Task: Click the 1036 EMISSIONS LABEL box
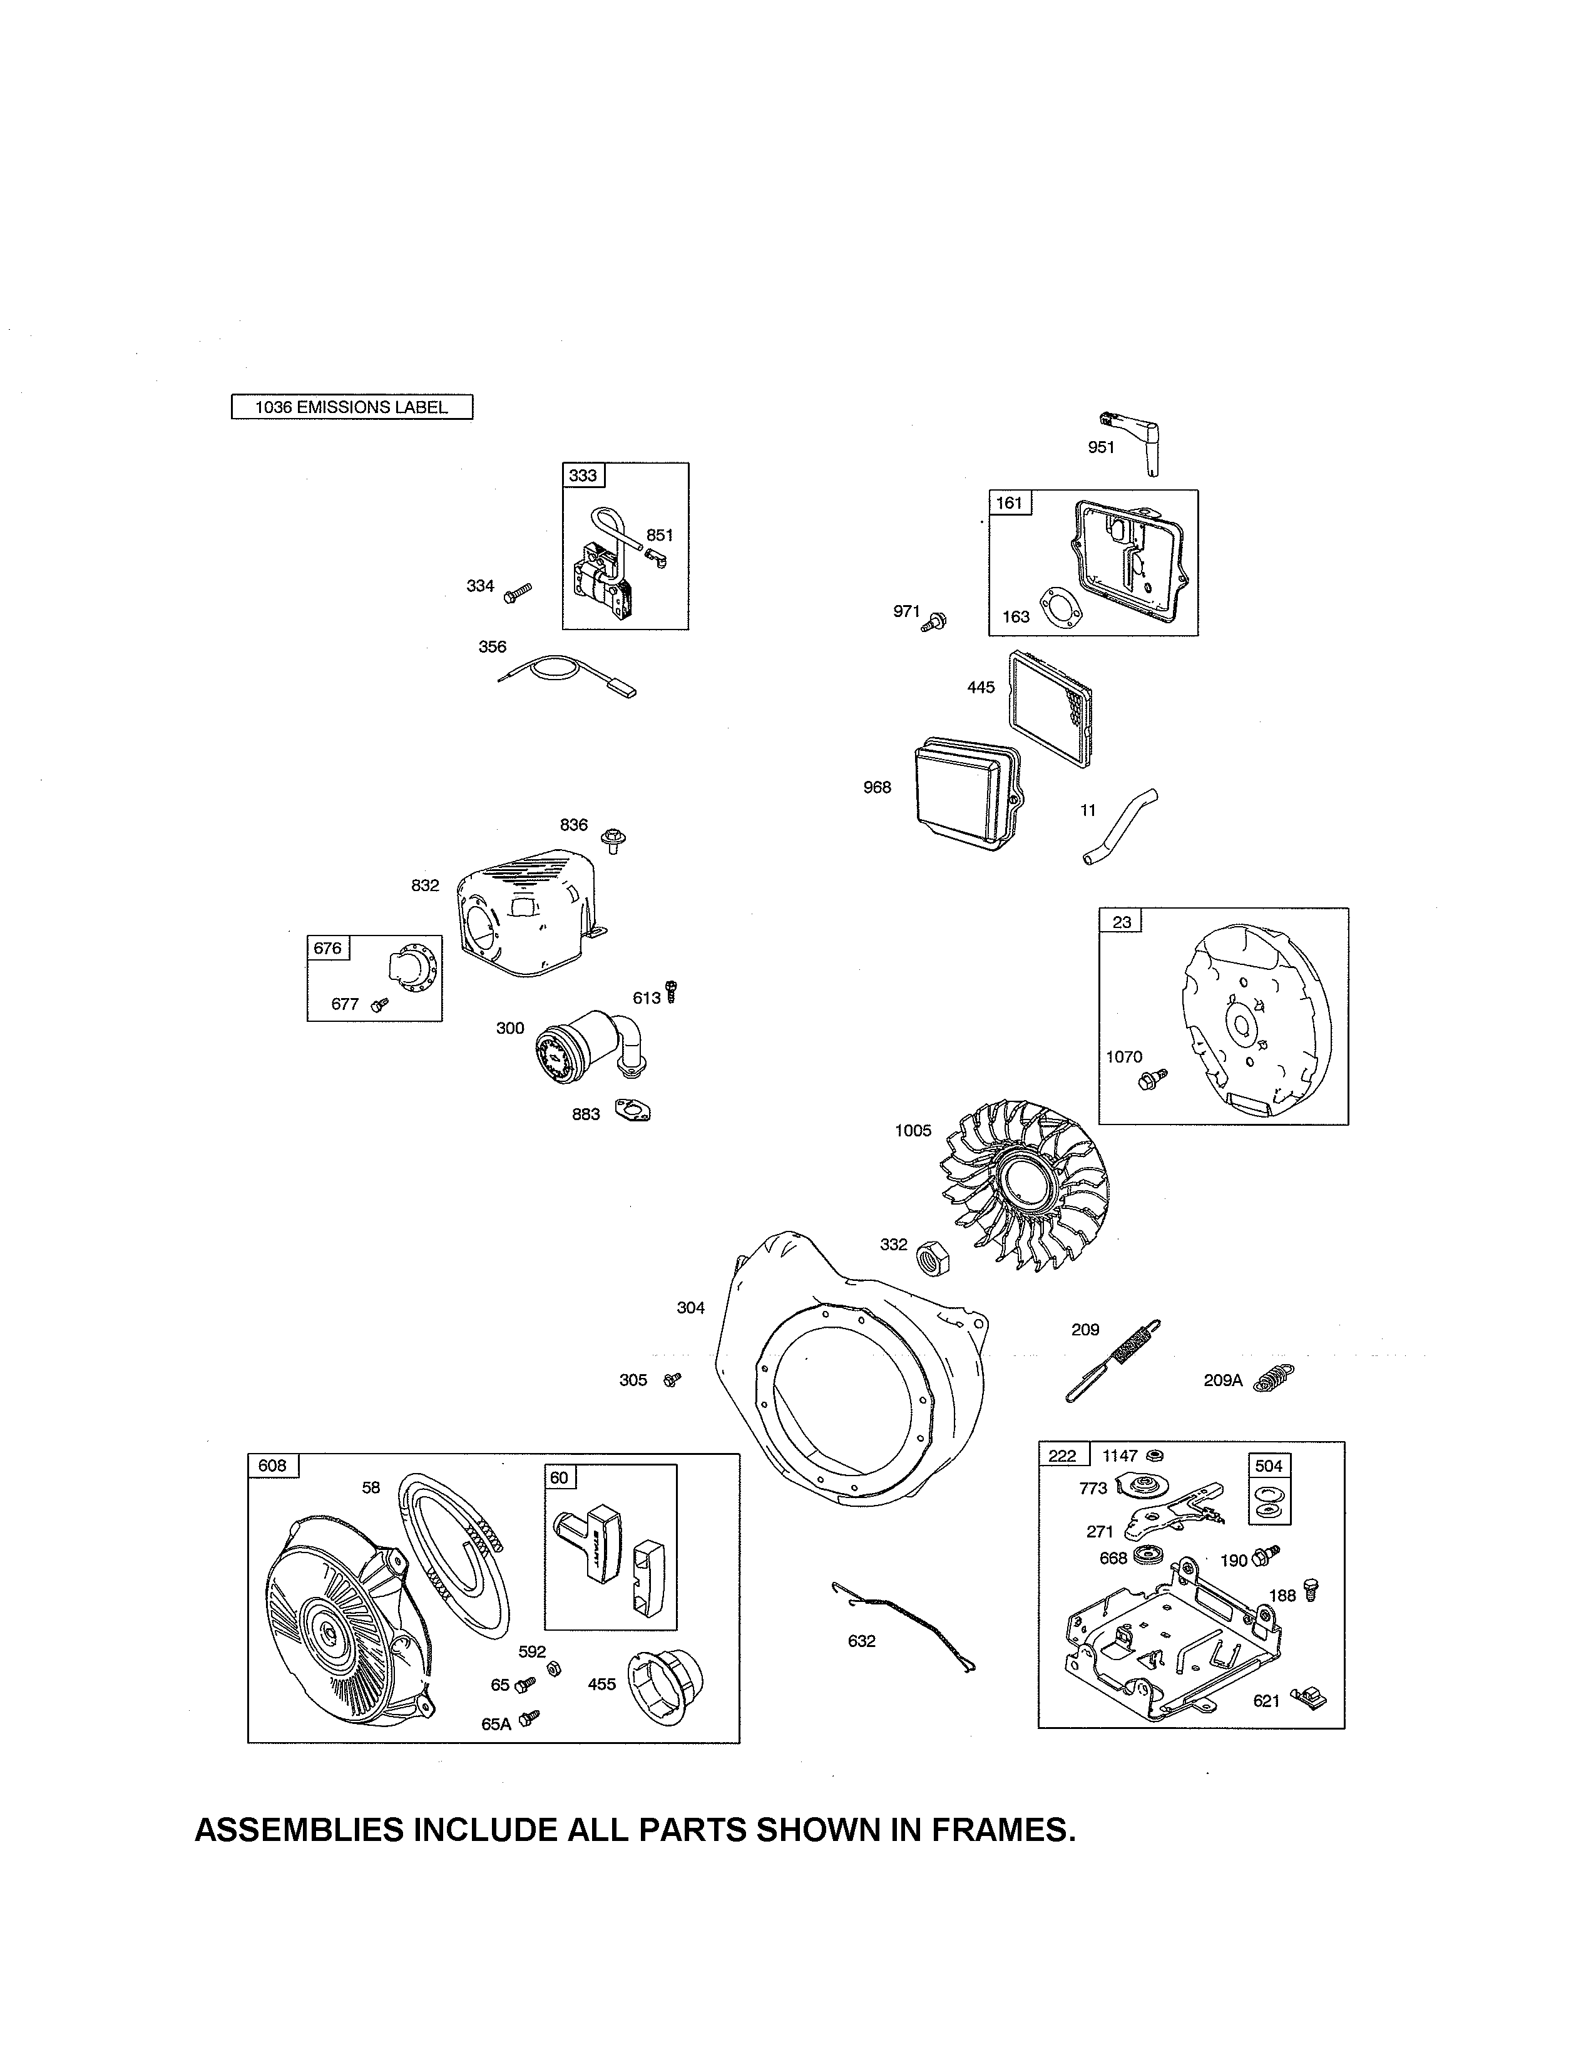click(352, 407)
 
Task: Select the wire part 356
click(567, 673)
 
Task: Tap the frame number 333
click(583, 475)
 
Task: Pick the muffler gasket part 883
click(633, 1110)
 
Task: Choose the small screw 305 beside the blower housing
click(672, 1380)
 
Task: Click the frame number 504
click(1268, 1466)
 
